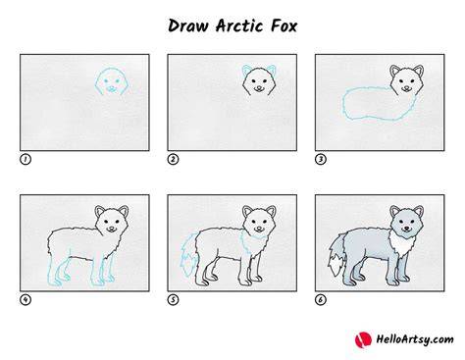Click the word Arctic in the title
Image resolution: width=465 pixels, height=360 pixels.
pyautogui.click(x=239, y=26)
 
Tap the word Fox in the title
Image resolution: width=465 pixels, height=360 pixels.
pyautogui.click(x=284, y=26)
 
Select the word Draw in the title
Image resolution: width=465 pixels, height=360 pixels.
pyautogui.click(x=187, y=26)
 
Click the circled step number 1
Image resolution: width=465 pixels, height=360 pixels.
pyautogui.click(x=26, y=160)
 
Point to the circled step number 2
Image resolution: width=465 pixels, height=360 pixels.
pyautogui.click(x=173, y=160)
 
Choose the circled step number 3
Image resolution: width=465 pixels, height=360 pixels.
pyautogui.click(x=321, y=160)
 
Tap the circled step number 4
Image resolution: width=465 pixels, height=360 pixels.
pyautogui.click(x=26, y=300)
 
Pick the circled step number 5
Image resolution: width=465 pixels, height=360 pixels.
pyautogui.click(x=173, y=300)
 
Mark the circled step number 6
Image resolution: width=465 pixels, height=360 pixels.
pyautogui.click(x=321, y=300)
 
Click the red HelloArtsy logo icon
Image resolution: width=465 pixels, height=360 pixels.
pyautogui.click(x=363, y=340)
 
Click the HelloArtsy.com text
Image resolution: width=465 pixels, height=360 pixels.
pyautogui.click(x=415, y=339)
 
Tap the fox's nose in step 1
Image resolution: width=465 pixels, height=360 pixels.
pyautogui.click(x=112, y=87)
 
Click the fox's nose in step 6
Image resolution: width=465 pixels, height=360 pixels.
pyautogui.click(x=406, y=228)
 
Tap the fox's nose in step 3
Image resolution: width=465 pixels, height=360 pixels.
pyautogui.click(x=406, y=87)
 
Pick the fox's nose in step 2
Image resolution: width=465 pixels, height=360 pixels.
pyautogui.click(x=259, y=87)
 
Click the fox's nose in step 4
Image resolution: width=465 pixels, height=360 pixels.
pyautogui.click(x=112, y=228)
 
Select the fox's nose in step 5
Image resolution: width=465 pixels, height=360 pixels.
pyautogui.click(x=259, y=228)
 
